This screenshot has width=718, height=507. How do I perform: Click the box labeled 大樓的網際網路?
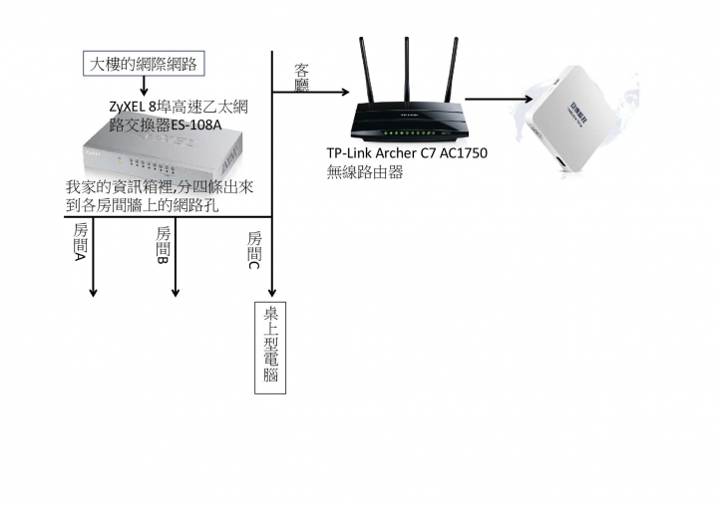(146, 65)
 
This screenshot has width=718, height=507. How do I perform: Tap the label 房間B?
(164, 245)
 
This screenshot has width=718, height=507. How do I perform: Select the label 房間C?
(254, 250)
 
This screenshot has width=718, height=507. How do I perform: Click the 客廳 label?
(301, 79)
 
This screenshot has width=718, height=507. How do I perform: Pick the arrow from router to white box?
(499, 99)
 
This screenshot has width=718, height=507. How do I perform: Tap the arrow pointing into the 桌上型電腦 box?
(271, 289)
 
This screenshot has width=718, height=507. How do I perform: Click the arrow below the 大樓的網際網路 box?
(146, 87)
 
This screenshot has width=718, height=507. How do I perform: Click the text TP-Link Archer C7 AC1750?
(407, 154)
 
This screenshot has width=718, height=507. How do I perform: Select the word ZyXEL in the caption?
(127, 107)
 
